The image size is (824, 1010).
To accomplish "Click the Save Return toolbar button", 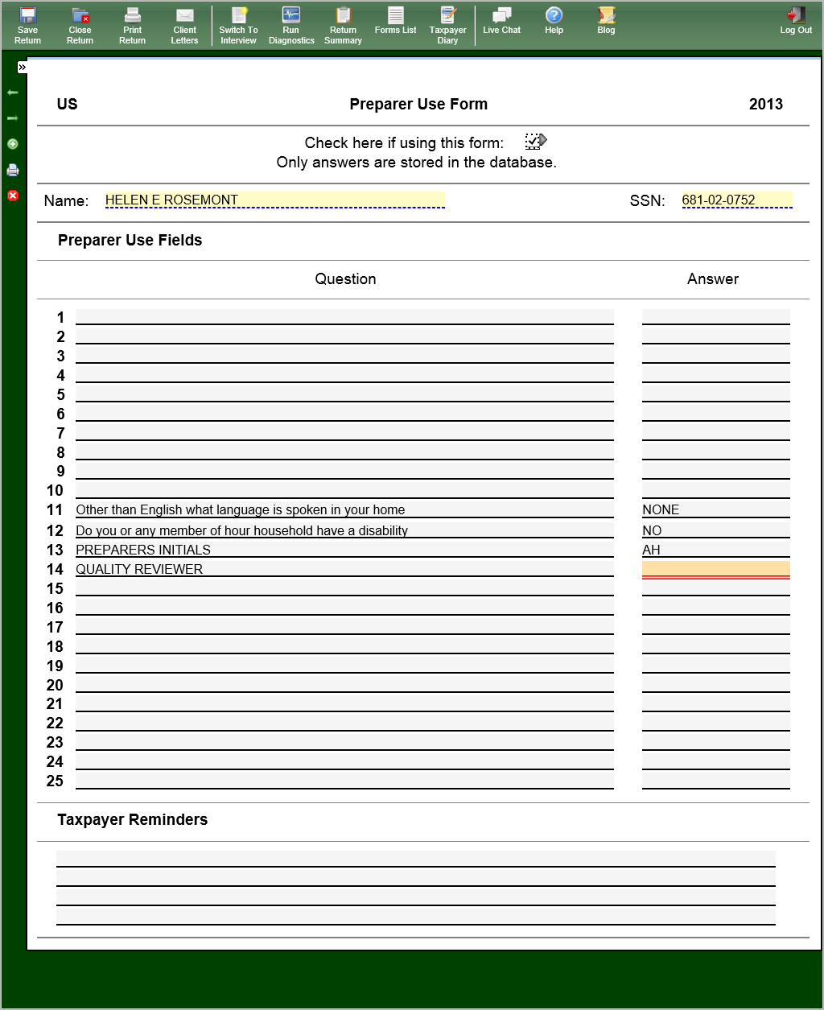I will pos(27,25).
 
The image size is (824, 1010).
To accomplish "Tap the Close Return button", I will pos(80,25).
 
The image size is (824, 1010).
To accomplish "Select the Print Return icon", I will pos(133,25).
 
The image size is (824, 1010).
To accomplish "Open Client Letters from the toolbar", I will pos(184,25).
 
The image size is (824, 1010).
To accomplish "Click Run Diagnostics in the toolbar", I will pos(291,25).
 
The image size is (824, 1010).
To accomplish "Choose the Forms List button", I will pos(396,21).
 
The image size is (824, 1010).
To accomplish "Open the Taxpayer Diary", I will pos(448,25).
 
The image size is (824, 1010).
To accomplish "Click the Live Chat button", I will pos(502,21).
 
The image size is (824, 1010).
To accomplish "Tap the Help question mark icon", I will pos(554,16).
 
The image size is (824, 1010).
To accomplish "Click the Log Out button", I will pos(796,21).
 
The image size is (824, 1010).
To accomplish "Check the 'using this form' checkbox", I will pos(534,142).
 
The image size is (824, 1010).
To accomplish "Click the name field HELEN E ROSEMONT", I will pos(274,200).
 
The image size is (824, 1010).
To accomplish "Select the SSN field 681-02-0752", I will pos(736,200).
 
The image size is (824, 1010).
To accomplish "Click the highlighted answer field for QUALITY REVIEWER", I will pos(715,569).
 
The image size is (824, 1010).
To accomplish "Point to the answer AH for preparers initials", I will pos(651,550).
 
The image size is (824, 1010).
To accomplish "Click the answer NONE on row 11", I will pos(661,509).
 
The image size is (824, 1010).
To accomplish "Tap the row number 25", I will pos(55,781).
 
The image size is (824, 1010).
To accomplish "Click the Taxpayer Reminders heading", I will pos(133,819).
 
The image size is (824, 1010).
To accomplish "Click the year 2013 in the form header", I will pos(765,104).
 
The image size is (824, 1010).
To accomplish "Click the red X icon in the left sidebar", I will pos(13,196).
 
